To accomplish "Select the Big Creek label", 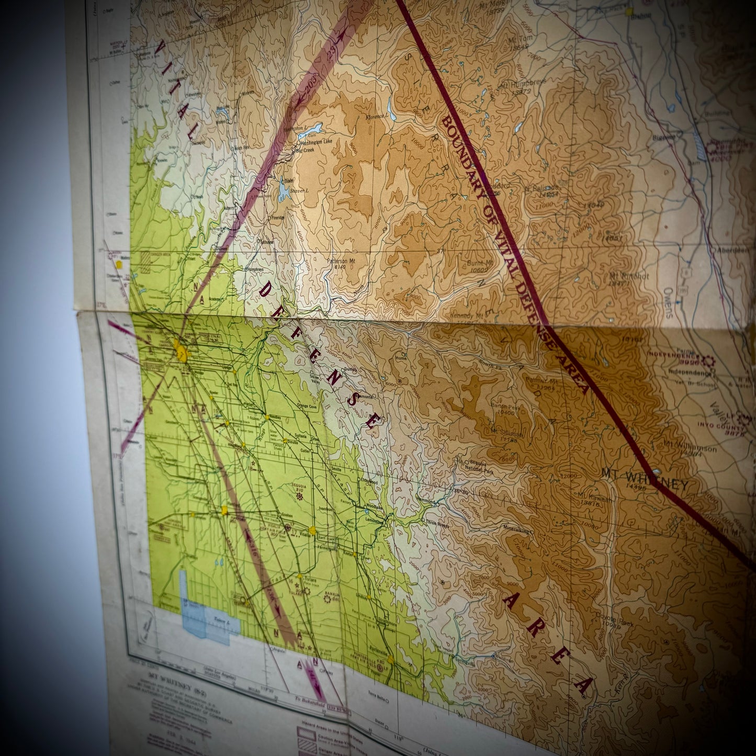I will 306,150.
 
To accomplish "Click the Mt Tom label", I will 517,40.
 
